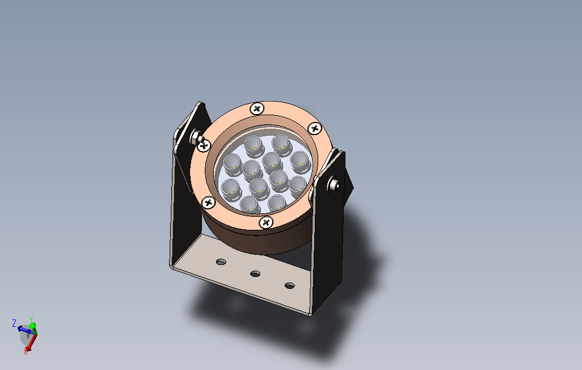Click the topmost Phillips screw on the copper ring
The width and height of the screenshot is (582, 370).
point(258,108)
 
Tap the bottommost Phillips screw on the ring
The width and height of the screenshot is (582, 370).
point(265,222)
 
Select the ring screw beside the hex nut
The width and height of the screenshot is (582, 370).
point(205,145)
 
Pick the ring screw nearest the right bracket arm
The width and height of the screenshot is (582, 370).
point(314,129)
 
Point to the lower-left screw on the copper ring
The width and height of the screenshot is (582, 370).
point(208,201)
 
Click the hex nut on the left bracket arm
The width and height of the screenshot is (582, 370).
point(195,137)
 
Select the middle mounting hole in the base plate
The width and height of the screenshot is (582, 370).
point(256,274)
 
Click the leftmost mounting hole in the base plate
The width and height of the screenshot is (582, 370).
point(221,262)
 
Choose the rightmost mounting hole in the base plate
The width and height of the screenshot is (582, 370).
point(290,285)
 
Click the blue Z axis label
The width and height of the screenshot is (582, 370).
point(14,323)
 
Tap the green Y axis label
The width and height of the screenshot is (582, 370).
point(31,319)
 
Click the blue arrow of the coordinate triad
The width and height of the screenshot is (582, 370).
point(23,329)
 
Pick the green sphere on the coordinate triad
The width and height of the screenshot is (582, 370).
point(33,326)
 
